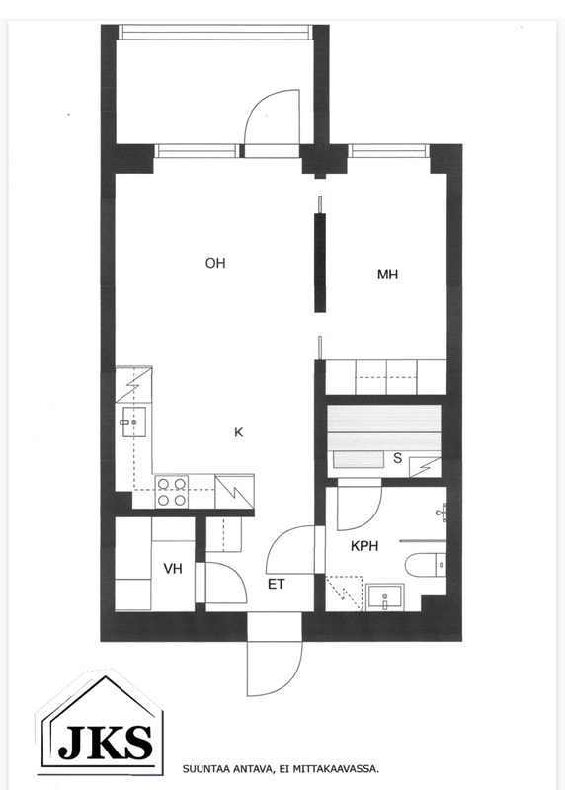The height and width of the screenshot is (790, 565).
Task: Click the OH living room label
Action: point(215,263)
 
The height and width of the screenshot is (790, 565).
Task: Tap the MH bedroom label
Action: point(387,275)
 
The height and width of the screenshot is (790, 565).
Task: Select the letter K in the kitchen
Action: point(239,433)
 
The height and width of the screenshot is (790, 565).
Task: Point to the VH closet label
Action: point(173,569)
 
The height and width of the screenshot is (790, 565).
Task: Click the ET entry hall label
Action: point(277,584)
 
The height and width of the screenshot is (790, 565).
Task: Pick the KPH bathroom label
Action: point(364,546)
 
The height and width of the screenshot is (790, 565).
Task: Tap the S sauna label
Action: point(398,458)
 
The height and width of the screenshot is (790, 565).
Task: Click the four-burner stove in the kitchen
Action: point(171,492)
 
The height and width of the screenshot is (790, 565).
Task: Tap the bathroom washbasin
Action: point(385,597)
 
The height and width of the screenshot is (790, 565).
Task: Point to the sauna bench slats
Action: point(384,428)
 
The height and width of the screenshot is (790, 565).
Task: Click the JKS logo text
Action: point(105,743)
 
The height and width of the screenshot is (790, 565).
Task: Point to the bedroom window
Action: point(388,151)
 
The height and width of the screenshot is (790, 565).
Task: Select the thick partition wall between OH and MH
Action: point(320,263)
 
